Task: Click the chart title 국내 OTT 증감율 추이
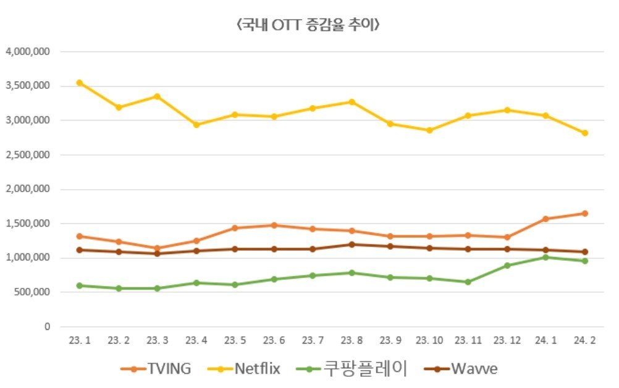click(x=308, y=25)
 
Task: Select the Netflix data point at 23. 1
click(x=80, y=82)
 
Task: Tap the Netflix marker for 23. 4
click(x=196, y=124)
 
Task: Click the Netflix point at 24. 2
click(x=584, y=133)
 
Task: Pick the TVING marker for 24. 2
click(x=584, y=214)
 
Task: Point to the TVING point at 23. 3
click(x=158, y=248)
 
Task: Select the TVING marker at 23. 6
click(x=274, y=226)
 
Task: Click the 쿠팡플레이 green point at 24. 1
click(x=545, y=257)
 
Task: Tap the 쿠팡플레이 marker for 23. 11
click(x=468, y=282)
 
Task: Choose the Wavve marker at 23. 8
click(x=352, y=244)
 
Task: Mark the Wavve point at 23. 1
click(x=80, y=250)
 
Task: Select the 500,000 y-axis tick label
click(x=31, y=292)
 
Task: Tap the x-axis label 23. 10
click(x=429, y=340)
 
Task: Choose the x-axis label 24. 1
click(x=545, y=340)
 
